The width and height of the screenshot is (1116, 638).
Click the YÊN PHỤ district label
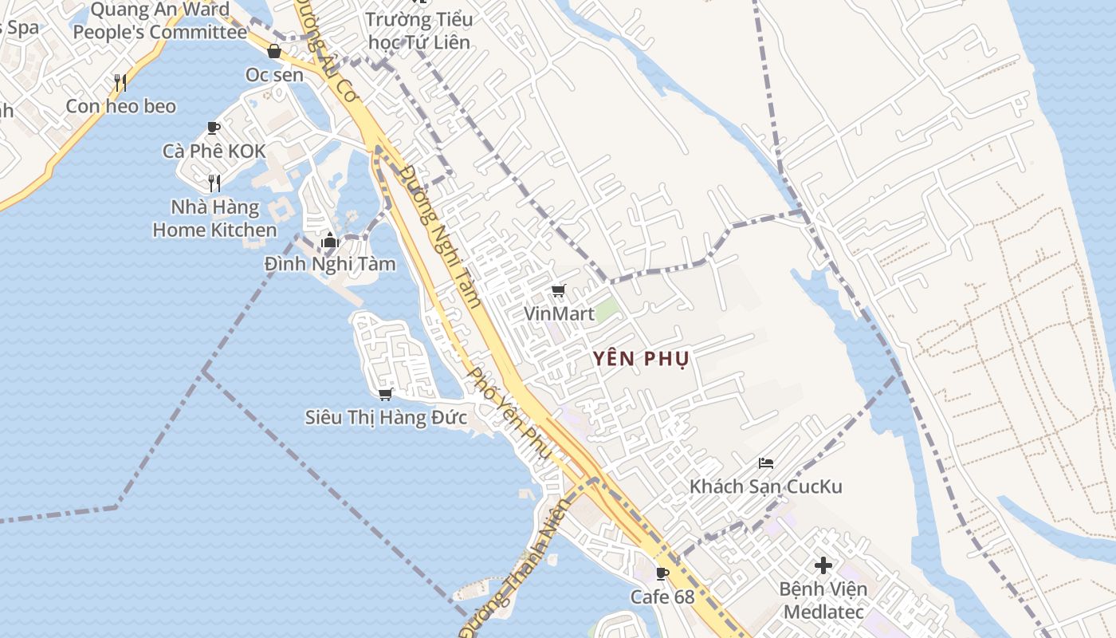pyautogui.click(x=641, y=359)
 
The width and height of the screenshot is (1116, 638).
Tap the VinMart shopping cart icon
pyautogui.click(x=559, y=290)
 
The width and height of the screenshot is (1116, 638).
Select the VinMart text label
pyautogui.click(x=559, y=313)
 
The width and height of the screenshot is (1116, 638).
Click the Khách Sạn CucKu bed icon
pyautogui.click(x=766, y=463)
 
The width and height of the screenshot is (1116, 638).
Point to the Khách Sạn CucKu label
pyautogui.click(x=765, y=486)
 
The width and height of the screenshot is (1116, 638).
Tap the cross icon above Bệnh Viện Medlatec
pyautogui.click(x=823, y=565)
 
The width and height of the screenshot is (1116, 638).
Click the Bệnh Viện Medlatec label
pyautogui.click(x=823, y=601)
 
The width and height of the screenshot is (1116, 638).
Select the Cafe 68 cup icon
pyautogui.click(x=662, y=573)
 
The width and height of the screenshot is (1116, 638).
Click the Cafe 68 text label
pyautogui.click(x=662, y=597)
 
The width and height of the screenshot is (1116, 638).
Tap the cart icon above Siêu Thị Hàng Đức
pyautogui.click(x=386, y=394)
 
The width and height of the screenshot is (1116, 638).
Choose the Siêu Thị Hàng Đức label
pyautogui.click(x=386, y=417)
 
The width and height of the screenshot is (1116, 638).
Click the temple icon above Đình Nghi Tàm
pyautogui.click(x=329, y=239)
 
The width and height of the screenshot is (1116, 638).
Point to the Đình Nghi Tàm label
pyautogui.click(x=330, y=263)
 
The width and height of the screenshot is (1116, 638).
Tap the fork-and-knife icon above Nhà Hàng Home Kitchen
pyautogui.click(x=214, y=183)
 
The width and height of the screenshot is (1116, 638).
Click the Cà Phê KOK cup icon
pyautogui.click(x=214, y=128)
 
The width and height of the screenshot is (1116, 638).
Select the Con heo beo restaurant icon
pyautogui.click(x=120, y=82)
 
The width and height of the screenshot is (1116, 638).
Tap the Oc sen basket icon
pyautogui.click(x=274, y=52)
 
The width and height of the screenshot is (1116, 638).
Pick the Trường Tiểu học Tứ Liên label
pyautogui.click(x=418, y=30)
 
